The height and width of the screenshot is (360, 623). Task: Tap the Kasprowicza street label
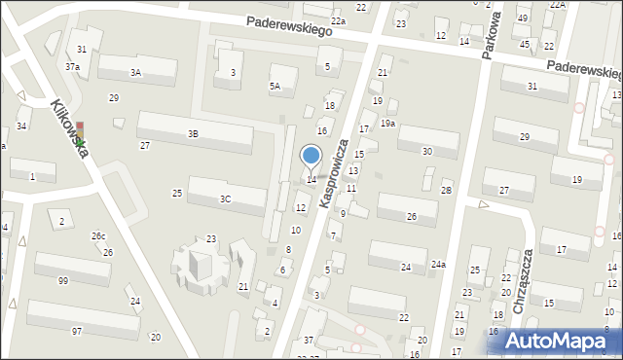(x=333, y=172)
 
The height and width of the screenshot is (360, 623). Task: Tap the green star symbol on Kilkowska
(x=82, y=144)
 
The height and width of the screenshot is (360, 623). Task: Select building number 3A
(x=136, y=72)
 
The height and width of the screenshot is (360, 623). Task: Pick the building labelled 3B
(x=193, y=133)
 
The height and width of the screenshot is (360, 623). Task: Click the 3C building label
(x=225, y=198)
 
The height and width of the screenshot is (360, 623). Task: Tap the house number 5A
(x=275, y=86)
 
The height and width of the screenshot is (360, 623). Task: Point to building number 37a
(x=73, y=66)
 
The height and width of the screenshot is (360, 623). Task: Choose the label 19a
(x=387, y=123)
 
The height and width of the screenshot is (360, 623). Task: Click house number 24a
(x=439, y=264)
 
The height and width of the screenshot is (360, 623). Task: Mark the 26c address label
(x=98, y=236)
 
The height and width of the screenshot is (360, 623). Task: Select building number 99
(x=63, y=280)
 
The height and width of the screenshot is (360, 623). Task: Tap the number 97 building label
(x=77, y=332)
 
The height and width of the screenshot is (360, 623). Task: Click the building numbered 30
(x=427, y=151)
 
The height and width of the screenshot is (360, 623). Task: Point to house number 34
(x=21, y=126)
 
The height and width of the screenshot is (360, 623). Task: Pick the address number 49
(x=523, y=18)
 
